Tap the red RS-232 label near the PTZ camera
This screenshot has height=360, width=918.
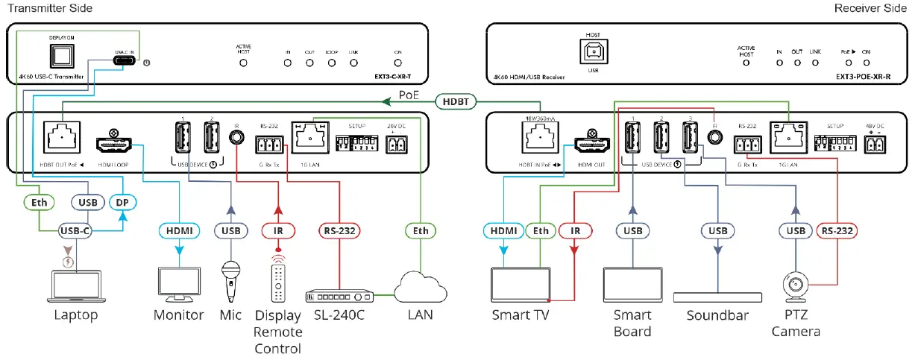(x=835, y=231)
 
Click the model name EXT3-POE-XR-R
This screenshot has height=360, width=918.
(x=862, y=76)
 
